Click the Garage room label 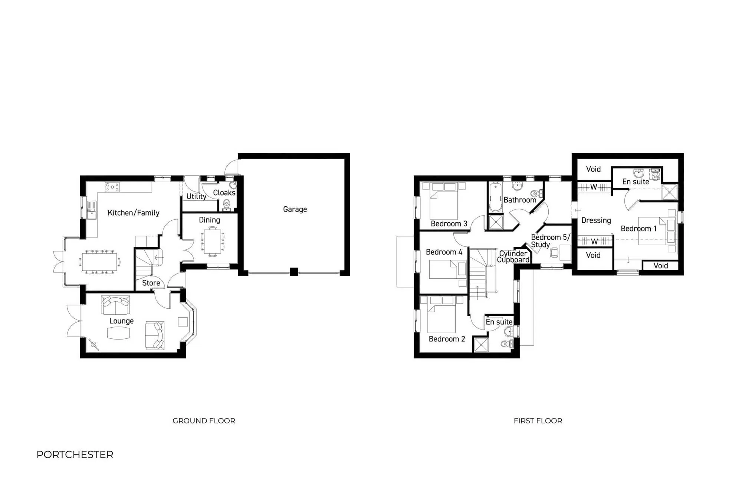click(295, 209)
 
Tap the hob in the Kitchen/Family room click(112, 187)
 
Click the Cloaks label click(224, 193)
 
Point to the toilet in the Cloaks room click(226, 204)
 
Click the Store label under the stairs click(151, 283)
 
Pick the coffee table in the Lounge click(119, 333)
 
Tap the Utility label click(196, 196)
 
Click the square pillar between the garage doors click(294, 272)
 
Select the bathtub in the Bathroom click(495, 197)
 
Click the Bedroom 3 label click(449, 223)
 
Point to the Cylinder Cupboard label click(513, 256)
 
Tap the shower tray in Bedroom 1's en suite click(669, 192)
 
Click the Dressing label click(596, 220)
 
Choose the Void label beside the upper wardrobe click(593, 169)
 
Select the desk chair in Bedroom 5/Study click(554, 252)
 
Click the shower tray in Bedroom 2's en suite click(481, 345)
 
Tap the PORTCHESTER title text click(75, 455)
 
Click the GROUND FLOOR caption click(204, 421)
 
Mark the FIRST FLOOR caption click(538, 421)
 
